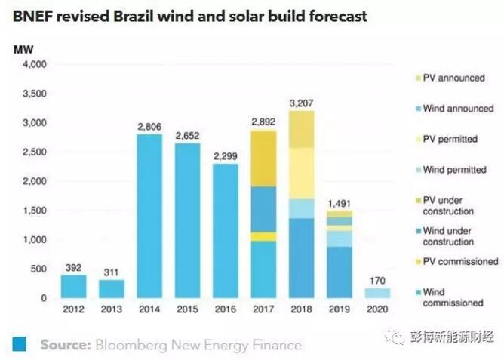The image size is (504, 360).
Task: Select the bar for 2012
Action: [73, 286]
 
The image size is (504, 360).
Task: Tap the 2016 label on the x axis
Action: [226, 310]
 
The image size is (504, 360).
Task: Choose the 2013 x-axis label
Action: [112, 310]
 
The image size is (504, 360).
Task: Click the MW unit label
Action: [23, 49]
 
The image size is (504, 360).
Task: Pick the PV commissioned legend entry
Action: [459, 261]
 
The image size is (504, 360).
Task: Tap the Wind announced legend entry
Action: [457, 108]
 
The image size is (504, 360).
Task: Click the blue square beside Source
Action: [20, 344]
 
